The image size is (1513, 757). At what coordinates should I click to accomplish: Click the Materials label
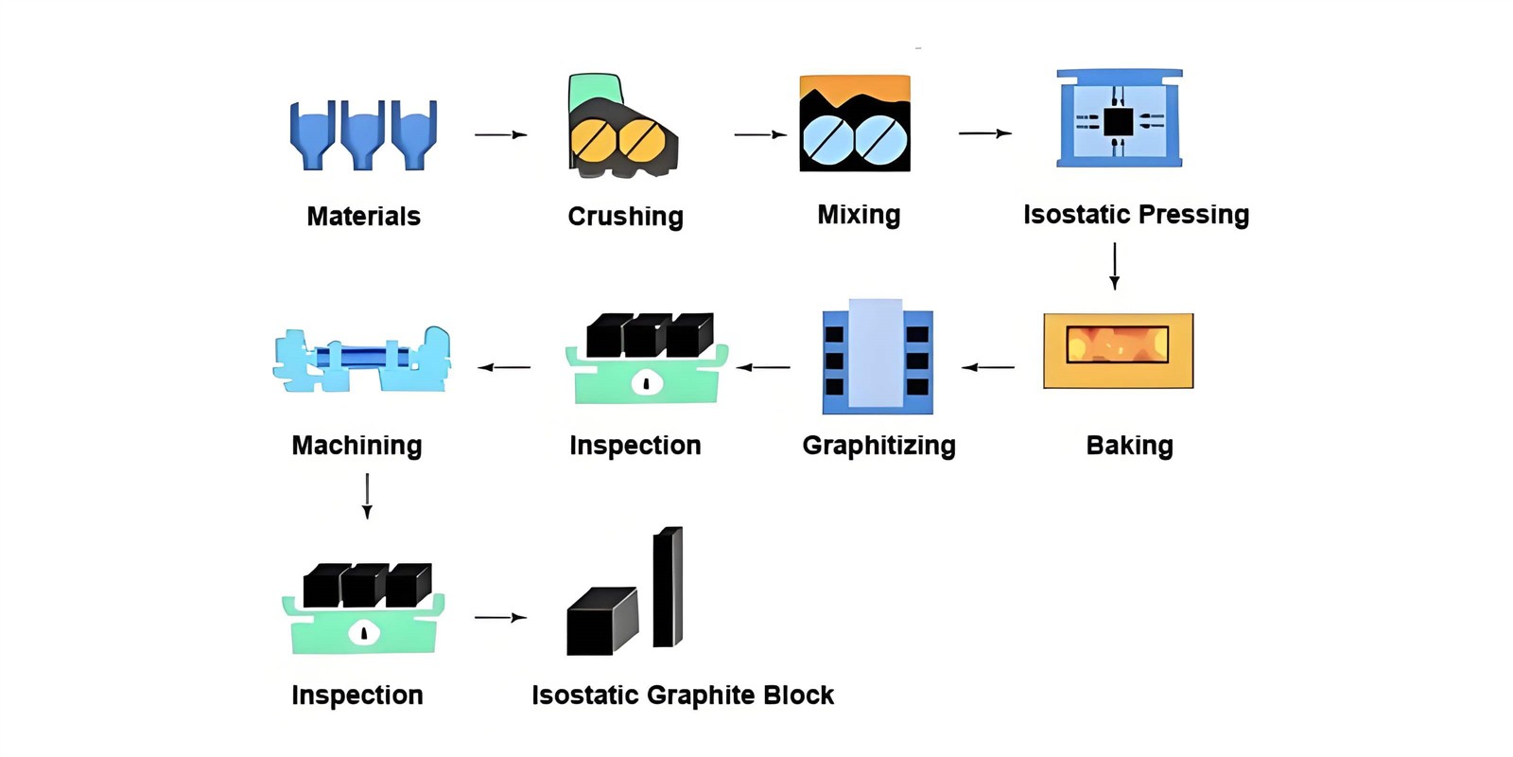[x=363, y=216]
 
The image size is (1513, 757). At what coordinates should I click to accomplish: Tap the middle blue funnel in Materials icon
[x=363, y=133]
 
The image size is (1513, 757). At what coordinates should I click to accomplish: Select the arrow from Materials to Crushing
[x=500, y=134]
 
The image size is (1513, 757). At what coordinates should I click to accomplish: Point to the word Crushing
[x=625, y=216]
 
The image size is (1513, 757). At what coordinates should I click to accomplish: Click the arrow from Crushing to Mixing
[x=759, y=134]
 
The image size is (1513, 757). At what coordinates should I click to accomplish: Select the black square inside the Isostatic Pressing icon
[x=1118, y=122]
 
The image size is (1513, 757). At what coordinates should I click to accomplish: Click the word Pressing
[x=1194, y=214]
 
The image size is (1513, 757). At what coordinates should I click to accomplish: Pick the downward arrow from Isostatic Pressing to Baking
[x=1114, y=266]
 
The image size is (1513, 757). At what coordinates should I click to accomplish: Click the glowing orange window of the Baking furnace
[x=1117, y=344]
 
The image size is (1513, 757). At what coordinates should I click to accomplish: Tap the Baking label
[x=1129, y=445]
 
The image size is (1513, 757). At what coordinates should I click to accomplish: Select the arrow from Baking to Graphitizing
[x=988, y=367]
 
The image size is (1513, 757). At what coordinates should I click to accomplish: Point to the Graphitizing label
[x=878, y=445]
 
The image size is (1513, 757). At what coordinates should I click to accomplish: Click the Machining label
[x=357, y=445]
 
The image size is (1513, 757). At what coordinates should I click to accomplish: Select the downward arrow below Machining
[x=367, y=496]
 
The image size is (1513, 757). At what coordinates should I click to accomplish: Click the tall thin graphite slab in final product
[x=668, y=587]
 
